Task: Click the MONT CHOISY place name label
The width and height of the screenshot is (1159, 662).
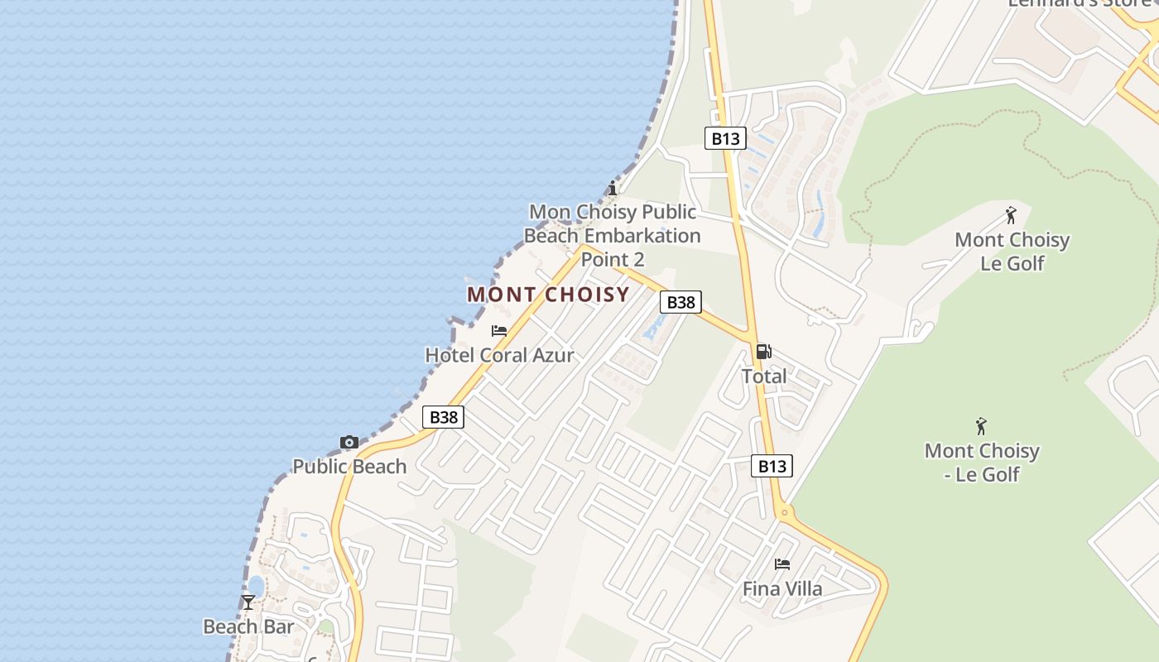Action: coord(548,295)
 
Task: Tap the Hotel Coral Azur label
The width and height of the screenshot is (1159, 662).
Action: coord(499,355)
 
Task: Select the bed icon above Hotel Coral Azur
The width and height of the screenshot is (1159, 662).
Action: coord(499,331)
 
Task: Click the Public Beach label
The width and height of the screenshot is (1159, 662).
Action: coord(349,466)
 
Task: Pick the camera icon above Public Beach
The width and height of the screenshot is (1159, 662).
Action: coord(349,443)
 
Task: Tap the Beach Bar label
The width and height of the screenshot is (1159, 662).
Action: coord(248,626)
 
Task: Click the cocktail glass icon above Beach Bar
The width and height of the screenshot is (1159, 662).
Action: coord(248,602)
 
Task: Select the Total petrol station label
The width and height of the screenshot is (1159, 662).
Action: coord(764,376)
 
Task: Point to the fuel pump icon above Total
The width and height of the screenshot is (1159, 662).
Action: coord(764,352)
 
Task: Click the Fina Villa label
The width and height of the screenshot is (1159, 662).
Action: coord(782,588)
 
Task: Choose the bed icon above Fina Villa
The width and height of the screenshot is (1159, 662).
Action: coord(782,564)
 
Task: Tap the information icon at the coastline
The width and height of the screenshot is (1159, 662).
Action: coord(613,188)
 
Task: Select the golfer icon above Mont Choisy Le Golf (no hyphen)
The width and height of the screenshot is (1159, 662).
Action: coord(1011,216)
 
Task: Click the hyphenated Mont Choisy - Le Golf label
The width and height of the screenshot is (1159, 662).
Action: coord(982,462)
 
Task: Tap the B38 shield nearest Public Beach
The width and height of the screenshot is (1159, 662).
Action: coord(444,417)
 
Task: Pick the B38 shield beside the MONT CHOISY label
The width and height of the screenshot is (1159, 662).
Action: coord(681,302)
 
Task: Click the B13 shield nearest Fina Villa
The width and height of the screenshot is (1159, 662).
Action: coord(772,466)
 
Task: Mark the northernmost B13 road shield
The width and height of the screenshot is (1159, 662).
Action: coord(726,138)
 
